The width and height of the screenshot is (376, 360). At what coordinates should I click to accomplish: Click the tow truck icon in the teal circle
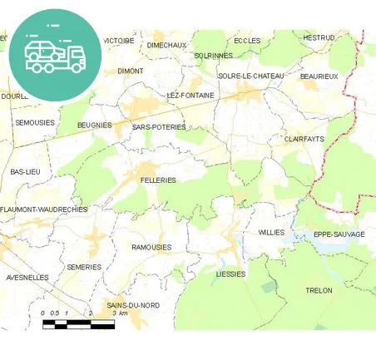[x=55, y=55]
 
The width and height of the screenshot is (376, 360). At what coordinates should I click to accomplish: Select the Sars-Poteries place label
[x=159, y=127]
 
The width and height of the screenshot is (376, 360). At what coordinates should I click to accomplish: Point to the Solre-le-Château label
[x=251, y=76]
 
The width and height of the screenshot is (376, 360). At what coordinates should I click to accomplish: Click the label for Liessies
[x=231, y=274]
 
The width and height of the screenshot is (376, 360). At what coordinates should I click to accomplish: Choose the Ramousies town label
[x=151, y=247]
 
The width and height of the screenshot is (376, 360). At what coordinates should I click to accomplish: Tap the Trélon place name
[x=319, y=290]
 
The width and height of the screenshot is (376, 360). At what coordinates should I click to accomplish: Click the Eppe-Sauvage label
[x=339, y=234]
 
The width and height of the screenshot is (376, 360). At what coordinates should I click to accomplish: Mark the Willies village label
[x=271, y=232]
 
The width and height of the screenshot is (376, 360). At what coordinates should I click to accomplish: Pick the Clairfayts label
[x=304, y=139]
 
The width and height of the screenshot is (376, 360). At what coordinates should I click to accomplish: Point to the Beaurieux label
[x=319, y=76]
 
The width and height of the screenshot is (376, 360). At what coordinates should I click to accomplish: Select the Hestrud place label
[x=319, y=37]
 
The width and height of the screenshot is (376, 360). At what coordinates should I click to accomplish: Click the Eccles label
[x=247, y=40]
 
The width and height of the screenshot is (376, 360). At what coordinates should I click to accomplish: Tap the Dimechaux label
[x=166, y=45]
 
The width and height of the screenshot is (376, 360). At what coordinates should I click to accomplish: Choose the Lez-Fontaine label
[x=190, y=95]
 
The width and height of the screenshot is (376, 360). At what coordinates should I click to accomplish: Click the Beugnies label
[x=94, y=125]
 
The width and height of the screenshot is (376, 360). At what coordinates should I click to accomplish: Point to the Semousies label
[x=35, y=122]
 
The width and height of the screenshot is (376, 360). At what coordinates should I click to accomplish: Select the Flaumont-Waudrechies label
[x=44, y=210]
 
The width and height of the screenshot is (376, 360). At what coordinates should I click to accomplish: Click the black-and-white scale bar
[x=78, y=323]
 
